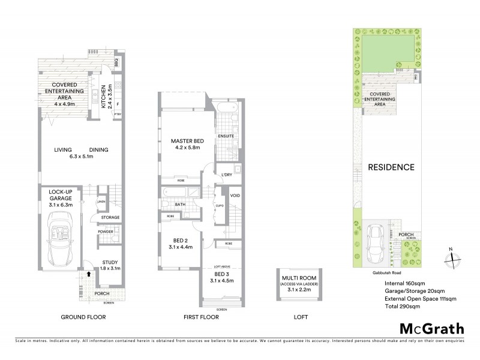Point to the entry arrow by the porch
pos(89,274)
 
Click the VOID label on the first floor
pos(235,196)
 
